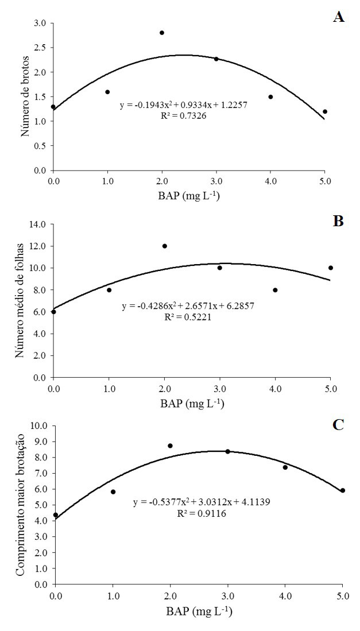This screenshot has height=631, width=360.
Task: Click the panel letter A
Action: [x=338, y=17]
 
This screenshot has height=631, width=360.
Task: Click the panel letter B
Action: [x=338, y=221]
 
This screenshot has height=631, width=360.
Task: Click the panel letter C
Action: [x=338, y=425]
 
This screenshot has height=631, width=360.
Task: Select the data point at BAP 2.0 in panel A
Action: [x=162, y=33]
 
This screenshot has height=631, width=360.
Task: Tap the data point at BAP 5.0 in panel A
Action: [x=324, y=111]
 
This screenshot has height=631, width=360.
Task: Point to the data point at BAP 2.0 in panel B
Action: [x=164, y=246]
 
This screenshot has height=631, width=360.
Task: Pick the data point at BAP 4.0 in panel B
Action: [x=275, y=290]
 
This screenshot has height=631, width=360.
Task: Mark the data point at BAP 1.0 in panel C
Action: [x=113, y=491]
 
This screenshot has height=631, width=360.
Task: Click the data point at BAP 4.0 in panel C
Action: [x=285, y=467]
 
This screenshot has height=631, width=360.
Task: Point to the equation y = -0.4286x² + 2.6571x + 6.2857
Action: [x=188, y=306]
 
